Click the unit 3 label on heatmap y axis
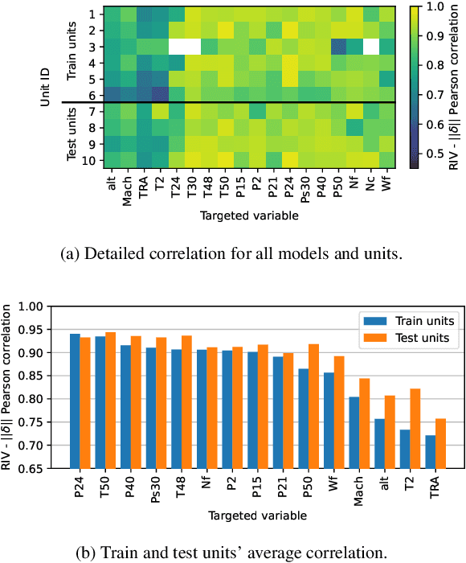(x=96, y=47)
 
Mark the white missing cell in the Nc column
(x=370, y=47)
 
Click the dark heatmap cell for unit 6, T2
(x=159, y=94)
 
